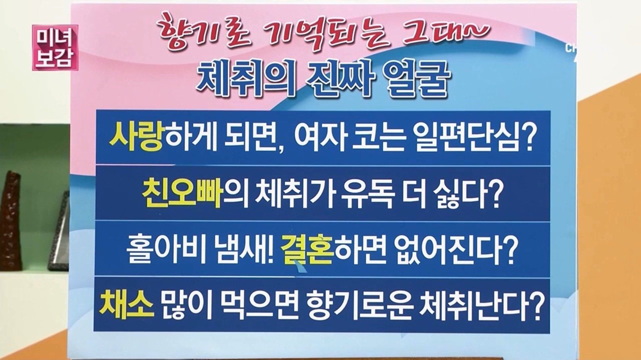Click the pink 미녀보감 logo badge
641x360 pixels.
tap(55, 47)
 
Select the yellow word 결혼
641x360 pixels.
tap(307, 250)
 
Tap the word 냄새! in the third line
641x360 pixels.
tap(245, 250)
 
